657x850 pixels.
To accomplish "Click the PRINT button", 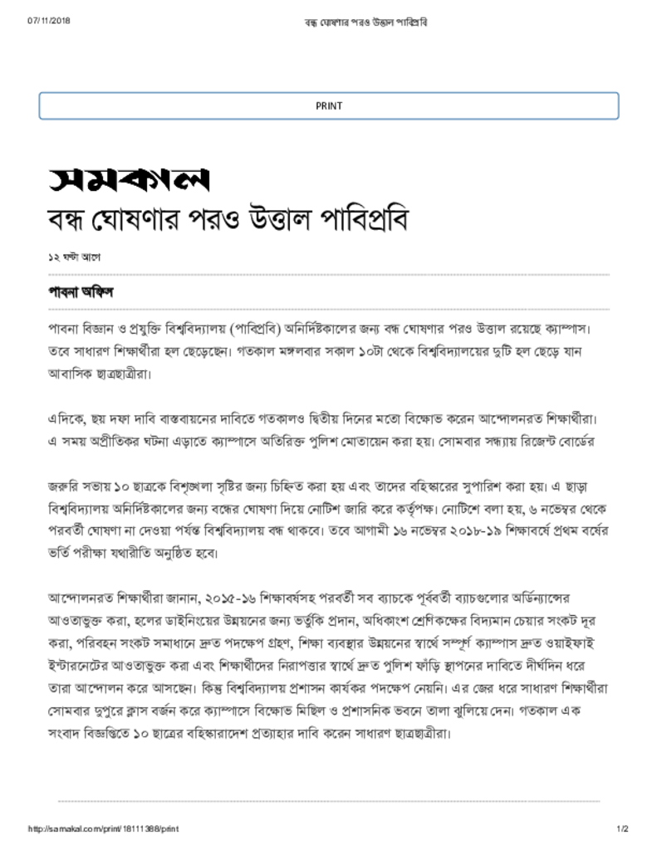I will point(329,106).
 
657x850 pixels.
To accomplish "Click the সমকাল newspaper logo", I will point(127,178).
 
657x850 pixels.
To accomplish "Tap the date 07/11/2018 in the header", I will point(49,20).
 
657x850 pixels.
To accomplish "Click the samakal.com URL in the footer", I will point(104,829).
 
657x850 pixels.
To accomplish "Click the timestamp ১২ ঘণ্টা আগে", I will point(74,257).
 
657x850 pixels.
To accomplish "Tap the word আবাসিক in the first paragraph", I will point(68,374).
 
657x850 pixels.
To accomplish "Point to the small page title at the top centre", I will point(366,20).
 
